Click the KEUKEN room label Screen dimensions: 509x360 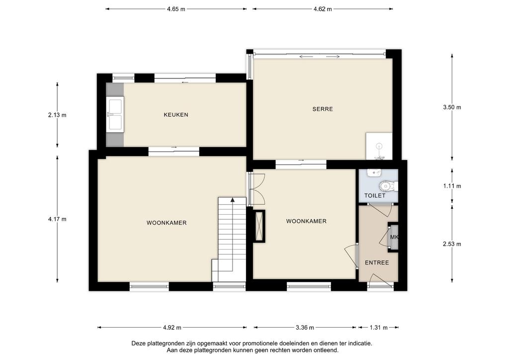[176, 114]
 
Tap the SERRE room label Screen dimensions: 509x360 [323, 109]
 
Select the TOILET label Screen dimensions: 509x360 [375, 195]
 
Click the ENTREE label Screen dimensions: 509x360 [377, 263]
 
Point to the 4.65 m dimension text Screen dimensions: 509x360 [176, 9]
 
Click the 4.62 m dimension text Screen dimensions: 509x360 [323, 9]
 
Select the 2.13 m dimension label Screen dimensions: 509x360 [57, 115]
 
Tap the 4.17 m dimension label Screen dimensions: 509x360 [57, 219]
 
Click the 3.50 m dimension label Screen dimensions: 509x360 [452, 107]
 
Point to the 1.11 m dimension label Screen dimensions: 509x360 [452, 186]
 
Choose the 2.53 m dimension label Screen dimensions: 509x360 [452, 244]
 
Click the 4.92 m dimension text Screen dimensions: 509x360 [172, 328]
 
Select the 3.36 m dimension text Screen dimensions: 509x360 [305, 328]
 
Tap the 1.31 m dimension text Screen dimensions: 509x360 [378, 328]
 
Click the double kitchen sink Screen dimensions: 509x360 [115, 114]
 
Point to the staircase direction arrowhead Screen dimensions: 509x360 [233, 199]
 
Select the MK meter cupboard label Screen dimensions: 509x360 [394, 237]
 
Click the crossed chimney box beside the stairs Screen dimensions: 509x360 [259, 226]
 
